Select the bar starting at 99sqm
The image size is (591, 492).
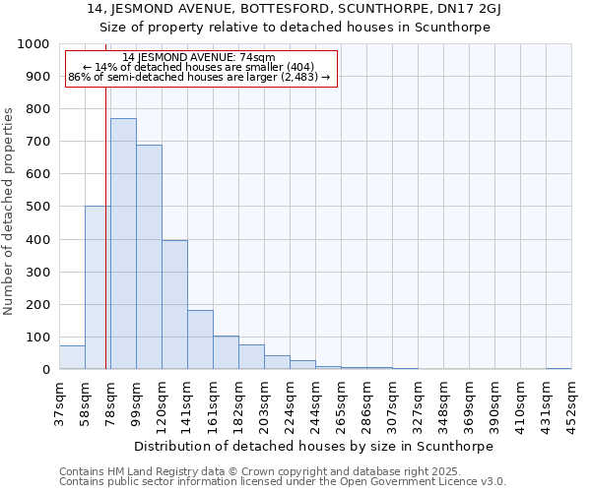(149, 257)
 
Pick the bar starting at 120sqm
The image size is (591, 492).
(174, 305)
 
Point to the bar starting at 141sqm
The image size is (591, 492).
(200, 339)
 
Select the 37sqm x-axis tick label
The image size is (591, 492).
(59, 400)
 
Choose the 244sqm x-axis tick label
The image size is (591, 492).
(315, 403)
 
